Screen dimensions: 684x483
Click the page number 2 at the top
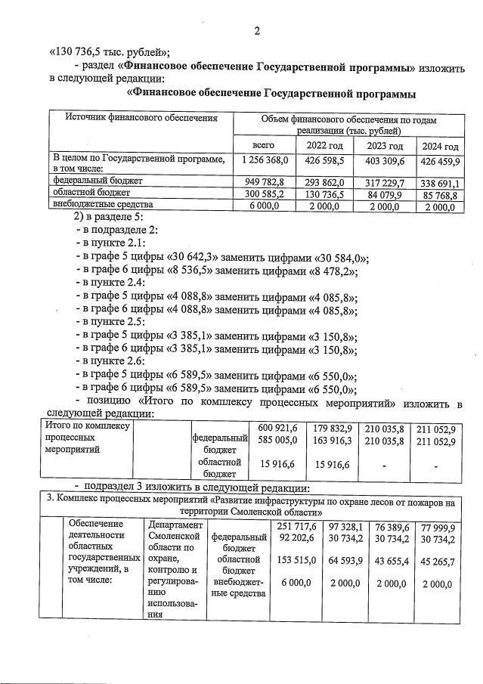click(x=257, y=31)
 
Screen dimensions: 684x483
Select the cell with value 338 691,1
click(x=441, y=183)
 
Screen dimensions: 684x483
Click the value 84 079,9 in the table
click(x=385, y=194)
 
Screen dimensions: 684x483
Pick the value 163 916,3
click(x=333, y=441)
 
